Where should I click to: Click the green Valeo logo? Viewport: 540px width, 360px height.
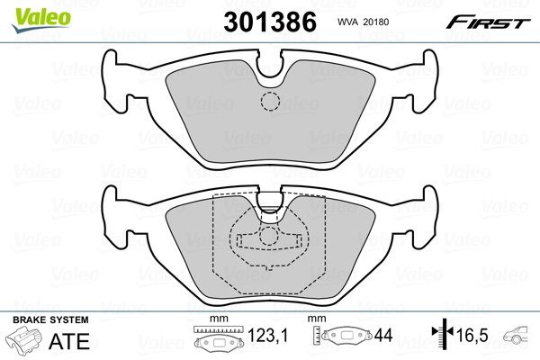(41, 20)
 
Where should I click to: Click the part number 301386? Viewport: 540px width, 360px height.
(270, 22)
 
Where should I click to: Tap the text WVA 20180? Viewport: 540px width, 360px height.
(363, 22)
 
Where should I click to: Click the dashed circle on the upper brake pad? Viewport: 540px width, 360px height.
(270, 102)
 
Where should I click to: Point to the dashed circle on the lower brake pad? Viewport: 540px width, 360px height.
(268, 236)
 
